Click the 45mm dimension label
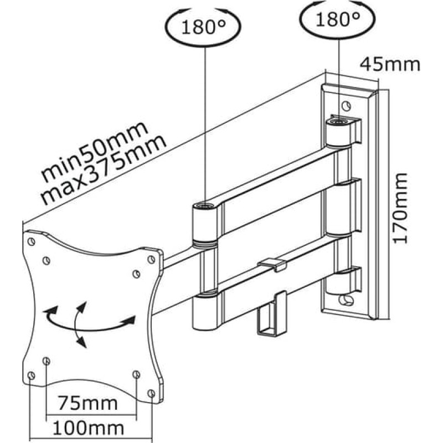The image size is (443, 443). coord(390,64)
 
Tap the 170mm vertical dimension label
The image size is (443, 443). coord(400,208)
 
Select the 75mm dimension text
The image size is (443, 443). coord(88,404)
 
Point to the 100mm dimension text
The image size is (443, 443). coord(89,428)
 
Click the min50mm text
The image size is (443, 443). coord(95,151)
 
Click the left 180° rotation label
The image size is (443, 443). coord(203,27)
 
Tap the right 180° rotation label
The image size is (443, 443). coord(337,19)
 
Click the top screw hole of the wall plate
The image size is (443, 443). coord(347,106)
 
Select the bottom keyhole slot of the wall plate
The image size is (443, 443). coord(346,300)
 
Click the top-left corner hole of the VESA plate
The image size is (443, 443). coord(32,242)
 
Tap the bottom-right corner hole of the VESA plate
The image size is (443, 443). coord(151,393)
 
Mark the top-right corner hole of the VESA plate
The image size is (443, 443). coord(151,259)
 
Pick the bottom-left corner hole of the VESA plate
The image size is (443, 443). coord(32,375)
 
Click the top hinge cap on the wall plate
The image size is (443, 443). coord(338,121)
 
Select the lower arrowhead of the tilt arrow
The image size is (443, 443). coord(81,342)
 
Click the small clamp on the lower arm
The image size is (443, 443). coord(272,264)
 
